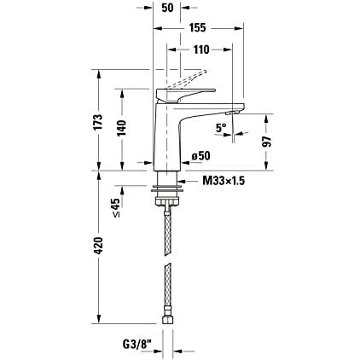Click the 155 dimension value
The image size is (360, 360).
click(x=197, y=28)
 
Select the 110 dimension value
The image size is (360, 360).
click(x=201, y=49)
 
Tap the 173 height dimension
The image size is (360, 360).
click(x=98, y=122)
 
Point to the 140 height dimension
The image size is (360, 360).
click(x=122, y=128)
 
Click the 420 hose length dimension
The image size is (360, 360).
click(x=98, y=246)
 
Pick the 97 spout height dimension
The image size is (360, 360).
click(x=267, y=142)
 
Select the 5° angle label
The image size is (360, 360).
click(x=221, y=128)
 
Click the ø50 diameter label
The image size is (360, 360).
click(x=201, y=156)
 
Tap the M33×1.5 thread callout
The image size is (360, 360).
click(x=224, y=181)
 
